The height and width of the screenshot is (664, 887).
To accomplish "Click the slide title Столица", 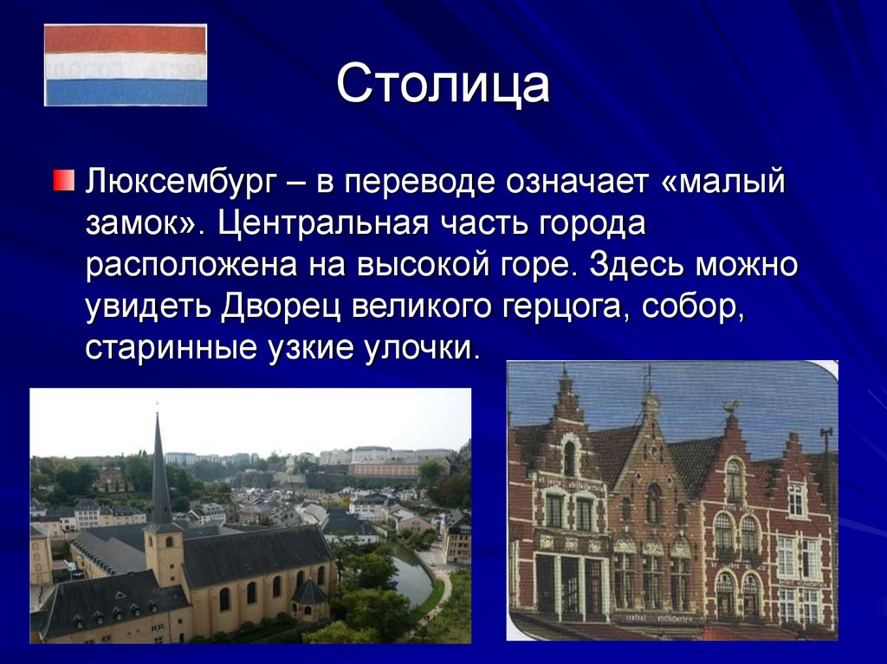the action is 443,85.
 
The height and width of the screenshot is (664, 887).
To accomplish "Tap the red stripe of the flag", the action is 126,40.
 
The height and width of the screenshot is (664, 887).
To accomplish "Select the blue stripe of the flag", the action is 126,92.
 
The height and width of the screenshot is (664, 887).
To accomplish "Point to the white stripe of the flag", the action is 126,66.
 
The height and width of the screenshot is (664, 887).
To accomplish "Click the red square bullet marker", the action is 64,180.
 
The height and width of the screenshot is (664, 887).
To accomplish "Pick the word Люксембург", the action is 183,182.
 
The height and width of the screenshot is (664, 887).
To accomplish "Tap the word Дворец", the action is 282,306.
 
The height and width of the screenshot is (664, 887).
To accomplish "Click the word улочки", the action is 422,349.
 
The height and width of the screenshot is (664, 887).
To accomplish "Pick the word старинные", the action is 172,349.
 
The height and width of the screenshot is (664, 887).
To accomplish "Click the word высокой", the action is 423,265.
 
